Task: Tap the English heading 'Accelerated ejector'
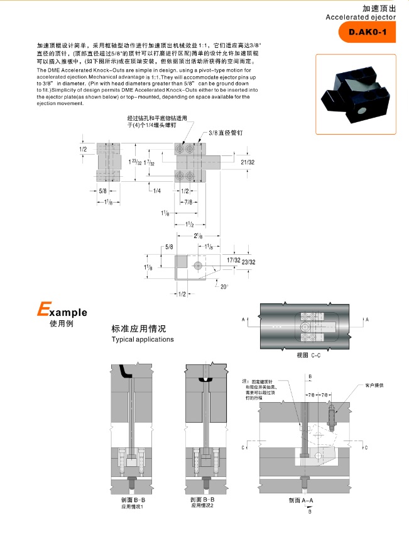[x=361, y=18]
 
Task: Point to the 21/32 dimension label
[x=248, y=162]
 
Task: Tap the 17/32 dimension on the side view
[x=233, y=259]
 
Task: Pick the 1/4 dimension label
[x=156, y=191]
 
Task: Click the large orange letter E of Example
[x=43, y=310]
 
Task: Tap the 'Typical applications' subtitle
[x=142, y=340]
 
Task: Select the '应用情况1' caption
[x=133, y=507]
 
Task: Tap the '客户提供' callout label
[x=374, y=384]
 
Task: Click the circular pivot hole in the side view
[x=198, y=265]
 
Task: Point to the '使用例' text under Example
[x=62, y=324]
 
